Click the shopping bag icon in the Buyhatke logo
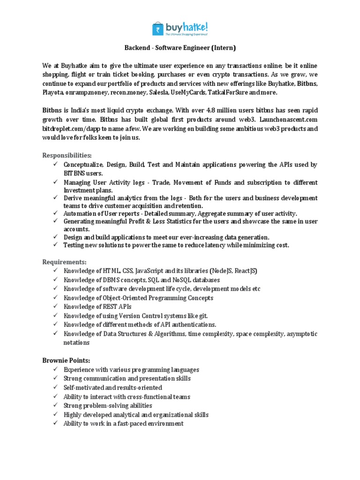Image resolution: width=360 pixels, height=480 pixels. pyautogui.click(x=158, y=29)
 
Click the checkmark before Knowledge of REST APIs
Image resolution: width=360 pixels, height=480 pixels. pyautogui.click(x=55, y=307)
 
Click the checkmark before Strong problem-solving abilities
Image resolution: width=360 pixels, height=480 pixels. pyautogui.click(x=55, y=405)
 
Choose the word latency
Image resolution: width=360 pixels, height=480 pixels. pyautogui.click(x=203, y=245)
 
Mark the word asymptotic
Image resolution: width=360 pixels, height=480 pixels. pyautogui.click(x=300, y=334)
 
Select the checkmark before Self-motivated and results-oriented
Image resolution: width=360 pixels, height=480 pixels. pyautogui.click(x=55, y=388)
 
